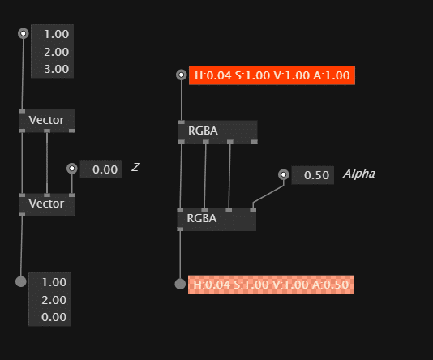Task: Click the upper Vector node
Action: click(x=47, y=121)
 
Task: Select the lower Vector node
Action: click(x=47, y=204)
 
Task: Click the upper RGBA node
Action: click(x=218, y=131)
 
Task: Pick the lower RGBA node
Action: click(x=216, y=219)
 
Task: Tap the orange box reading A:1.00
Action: click(x=272, y=75)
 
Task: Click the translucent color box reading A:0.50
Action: click(x=271, y=285)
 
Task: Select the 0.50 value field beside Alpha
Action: click(x=313, y=175)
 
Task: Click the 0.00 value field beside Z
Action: click(x=101, y=169)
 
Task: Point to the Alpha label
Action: click(x=359, y=174)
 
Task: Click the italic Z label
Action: click(x=135, y=167)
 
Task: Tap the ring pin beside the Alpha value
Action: click(x=283, y=174)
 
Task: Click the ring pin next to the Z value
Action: click(x=72, y=168)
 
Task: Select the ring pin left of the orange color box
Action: click(x=181, y=75)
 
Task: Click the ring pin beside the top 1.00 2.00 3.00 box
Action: click(x=24, y=33)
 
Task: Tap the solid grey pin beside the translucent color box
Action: click(x=180, y=284)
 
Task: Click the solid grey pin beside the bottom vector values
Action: click(x=21, y=281)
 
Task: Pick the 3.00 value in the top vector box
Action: click(x=56, y=69)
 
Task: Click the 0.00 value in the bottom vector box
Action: click(x=54, y=317)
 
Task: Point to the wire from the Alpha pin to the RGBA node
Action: click(x=268, y=194)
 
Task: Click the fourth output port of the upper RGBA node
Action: click(x=255, y=142)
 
